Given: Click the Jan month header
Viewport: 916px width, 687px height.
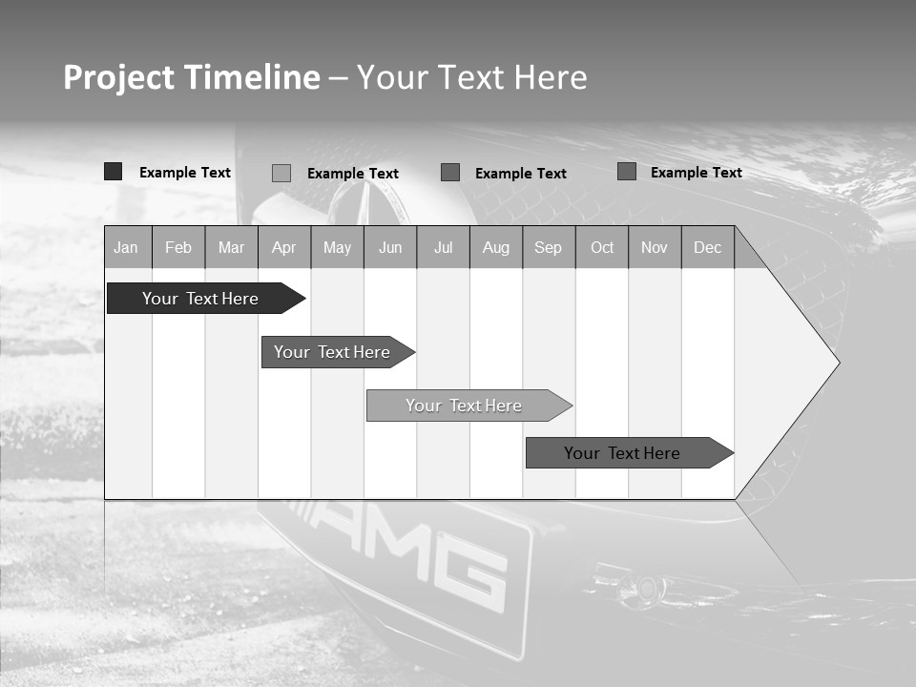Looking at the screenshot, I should click(126, 248).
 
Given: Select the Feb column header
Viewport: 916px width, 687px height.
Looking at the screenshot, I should click(178, 248).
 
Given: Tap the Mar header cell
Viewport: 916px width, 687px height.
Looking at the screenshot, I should click(231, 248).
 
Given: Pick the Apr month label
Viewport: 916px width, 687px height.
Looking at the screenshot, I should click(284, 248).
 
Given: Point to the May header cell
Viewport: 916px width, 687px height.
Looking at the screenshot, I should click(337, 248).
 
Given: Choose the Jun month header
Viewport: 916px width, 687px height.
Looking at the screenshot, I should click(390, 248).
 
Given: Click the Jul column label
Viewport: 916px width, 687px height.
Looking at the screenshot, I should click(443, 248).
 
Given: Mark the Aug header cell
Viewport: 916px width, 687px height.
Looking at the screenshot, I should click(496, 248).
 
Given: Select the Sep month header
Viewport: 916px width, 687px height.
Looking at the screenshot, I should click(549, 248).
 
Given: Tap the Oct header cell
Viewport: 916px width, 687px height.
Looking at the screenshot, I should click(602, 248).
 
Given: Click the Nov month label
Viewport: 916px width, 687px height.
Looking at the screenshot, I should click(655, 248).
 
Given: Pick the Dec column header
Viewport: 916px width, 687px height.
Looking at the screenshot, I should click(708, 248).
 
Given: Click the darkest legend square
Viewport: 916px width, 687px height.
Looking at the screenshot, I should click(114, 172).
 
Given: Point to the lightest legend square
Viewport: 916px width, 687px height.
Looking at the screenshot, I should click(281, 173).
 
